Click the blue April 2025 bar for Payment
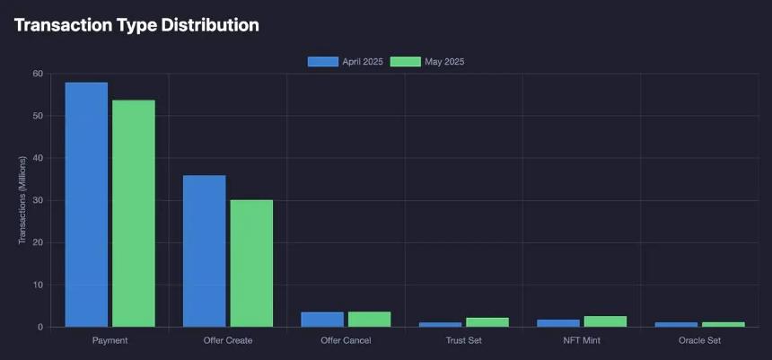point(86,205)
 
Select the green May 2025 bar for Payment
point(133,214)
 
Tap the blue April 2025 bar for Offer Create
point(204,251)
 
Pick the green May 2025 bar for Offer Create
point(251,263)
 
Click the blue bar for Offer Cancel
point(322,320)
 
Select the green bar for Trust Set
point(487,322)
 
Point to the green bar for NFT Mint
point(605,321)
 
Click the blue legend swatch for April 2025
point(322,62)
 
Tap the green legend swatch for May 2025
point(406,62)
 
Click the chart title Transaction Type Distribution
point(136,25)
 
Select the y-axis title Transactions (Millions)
point(22,200)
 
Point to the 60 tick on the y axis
point(37,74)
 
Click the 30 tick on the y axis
point(37,200)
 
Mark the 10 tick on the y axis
point(37,285)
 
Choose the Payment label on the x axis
point(110,341)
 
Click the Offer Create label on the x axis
point(227,341)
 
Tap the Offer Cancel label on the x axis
point(346,341)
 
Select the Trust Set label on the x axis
point(463,341)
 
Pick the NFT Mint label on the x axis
point(582,341)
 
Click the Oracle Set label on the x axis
point(699,341)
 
